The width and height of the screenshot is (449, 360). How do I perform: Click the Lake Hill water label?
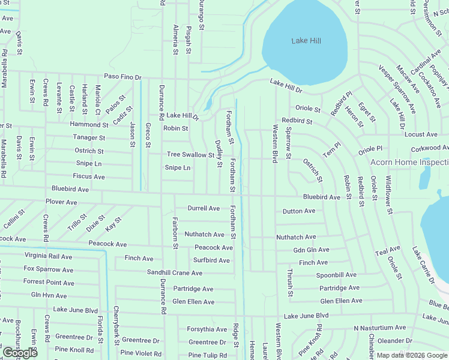pos(306,41)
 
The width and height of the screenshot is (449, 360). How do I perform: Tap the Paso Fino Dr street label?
pos(122,77)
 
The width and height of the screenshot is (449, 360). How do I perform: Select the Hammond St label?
pos(88,125)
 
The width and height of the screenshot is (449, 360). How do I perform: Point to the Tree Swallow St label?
pos(190,155)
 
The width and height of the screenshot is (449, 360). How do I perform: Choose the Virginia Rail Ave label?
pos(48,256)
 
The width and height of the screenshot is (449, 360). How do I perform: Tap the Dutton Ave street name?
pos(299,211)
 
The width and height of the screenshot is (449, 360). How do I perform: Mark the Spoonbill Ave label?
pos(337,275)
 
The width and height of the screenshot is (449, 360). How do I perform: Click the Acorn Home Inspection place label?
pos(409,163)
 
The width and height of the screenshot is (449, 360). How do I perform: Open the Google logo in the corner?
pos(20,353)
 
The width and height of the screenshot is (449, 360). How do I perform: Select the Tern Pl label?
pos(331,151)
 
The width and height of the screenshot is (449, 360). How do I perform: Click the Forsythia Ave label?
pos(207,329)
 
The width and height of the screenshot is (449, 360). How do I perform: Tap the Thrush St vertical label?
pos(290,283)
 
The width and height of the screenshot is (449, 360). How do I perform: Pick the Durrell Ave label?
pos(203,208)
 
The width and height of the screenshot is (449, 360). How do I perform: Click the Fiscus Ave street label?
pos(89,177)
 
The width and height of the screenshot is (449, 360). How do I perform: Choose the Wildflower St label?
pos(389,195)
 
